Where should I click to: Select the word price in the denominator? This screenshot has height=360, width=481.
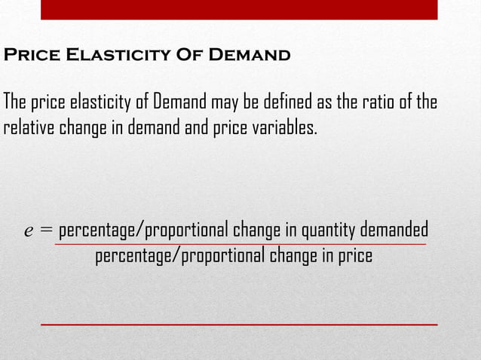[355, 256]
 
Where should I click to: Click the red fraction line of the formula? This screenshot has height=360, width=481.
[241, 244]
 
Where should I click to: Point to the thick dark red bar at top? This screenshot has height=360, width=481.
[238, 9]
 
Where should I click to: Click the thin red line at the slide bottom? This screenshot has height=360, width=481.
[238, 324]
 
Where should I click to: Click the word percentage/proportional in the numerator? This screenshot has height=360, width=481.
[144, 229]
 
